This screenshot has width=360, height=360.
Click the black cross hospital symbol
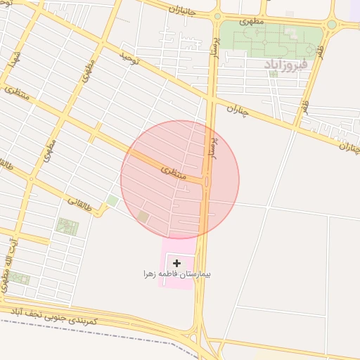(x=176, y=262)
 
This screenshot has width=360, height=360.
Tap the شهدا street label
(x=12, y=60)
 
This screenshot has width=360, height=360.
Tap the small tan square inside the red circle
(x=143, y=217)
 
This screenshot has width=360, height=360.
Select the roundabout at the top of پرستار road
(x=217, y=16)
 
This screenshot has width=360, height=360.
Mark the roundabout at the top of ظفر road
(x=331, y=25)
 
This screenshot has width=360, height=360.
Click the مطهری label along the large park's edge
(x=250, y=22)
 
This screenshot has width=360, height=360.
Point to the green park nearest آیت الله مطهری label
(x=20, y=278)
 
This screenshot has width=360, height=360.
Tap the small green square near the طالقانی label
(x=112, y=201)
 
